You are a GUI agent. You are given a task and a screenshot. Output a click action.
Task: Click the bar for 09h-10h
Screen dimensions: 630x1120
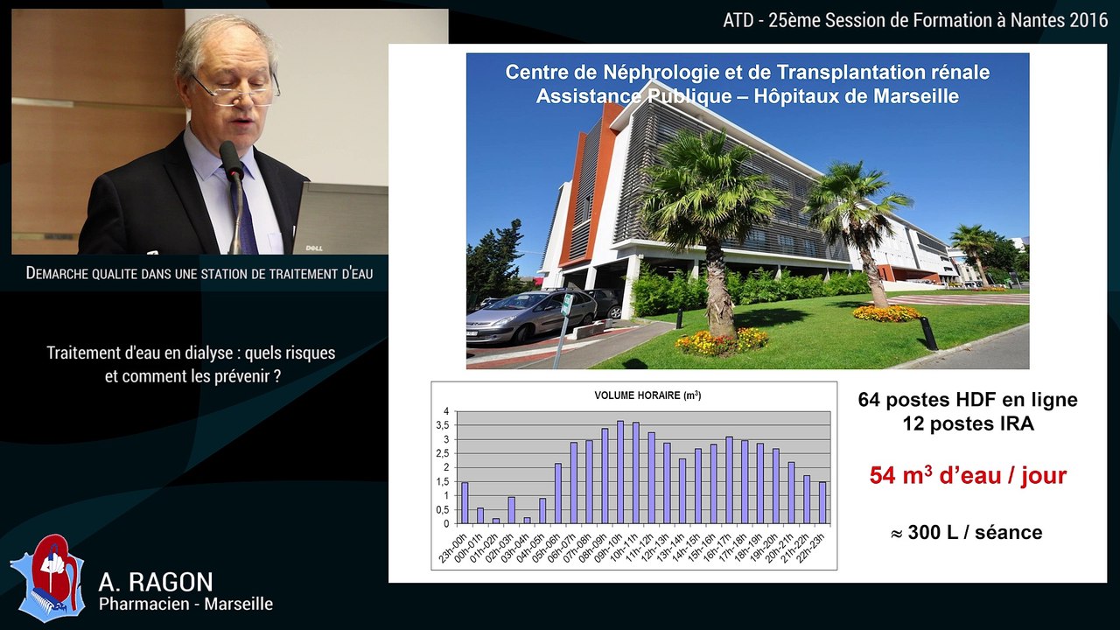(620, 472)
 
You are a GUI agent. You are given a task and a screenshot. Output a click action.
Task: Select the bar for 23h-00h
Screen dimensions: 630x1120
(465, 503)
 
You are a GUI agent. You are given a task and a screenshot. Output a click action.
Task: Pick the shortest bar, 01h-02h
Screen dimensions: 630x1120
(495, 521)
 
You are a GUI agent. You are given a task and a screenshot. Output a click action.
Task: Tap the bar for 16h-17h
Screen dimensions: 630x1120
(729, 480)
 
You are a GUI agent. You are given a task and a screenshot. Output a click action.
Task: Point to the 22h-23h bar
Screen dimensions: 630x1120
(822, 503)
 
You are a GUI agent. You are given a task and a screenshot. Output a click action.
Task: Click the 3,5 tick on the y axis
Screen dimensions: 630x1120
(445, 425)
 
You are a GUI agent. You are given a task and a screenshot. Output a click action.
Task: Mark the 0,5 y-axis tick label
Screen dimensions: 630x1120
(445, 509)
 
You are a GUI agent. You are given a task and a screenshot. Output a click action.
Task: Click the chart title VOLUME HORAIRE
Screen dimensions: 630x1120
(647, 395)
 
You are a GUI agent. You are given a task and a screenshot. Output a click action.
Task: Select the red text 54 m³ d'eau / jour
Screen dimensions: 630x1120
(968, 476)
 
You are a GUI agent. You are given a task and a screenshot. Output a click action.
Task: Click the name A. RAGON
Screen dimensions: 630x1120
(156, 582)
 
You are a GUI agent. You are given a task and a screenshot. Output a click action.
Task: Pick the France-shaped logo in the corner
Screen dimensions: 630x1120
(47, 577)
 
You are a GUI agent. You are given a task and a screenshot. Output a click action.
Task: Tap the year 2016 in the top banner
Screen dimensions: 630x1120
(1088, 21)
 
